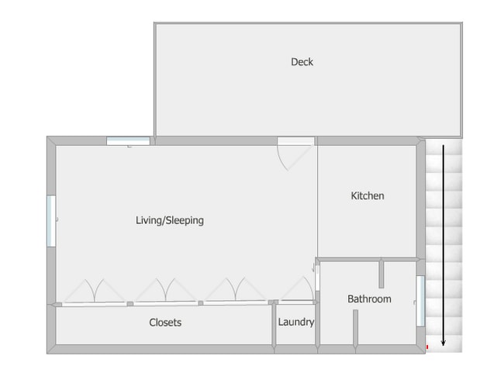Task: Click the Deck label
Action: [x=302, y=62]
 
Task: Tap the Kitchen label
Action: [x=368, y=195]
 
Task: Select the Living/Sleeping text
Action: [x=170, y=220]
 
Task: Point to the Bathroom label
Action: [x=369, y=299]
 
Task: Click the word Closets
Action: [x=165, y=323]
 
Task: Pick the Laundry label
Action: [x=296, y=322]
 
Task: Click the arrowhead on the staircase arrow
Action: [x=444, y=343]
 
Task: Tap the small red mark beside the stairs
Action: [x=427, y=347]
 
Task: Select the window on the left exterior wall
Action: [x=51, y=221]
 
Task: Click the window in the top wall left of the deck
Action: [x=128, y=141]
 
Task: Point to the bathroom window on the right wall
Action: [x=421, y=301]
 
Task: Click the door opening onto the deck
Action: [x=295, y=154]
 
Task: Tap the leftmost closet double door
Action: [x=94, y=292]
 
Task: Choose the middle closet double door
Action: [x=165, y=291]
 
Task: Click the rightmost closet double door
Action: [x=236, y=290]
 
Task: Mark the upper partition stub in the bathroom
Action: [x=381, y=274]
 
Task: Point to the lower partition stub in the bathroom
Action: [x=355, y=328]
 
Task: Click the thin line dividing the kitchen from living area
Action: [x=318, y=202]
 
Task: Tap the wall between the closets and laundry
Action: [x=274, y=325]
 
